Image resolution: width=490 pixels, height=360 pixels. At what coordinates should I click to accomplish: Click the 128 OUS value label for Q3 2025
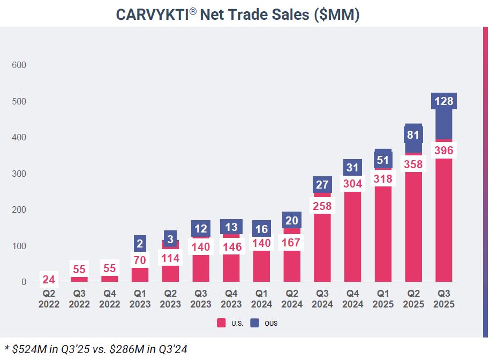[444, 101]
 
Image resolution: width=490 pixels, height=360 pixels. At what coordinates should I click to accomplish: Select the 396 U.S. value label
[444, 151]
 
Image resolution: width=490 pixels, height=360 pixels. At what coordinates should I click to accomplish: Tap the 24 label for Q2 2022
[49, 279]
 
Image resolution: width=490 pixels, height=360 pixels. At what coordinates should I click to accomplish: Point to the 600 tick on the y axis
[19, 65]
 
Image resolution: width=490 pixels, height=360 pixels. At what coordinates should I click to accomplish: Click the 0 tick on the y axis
[24, 282]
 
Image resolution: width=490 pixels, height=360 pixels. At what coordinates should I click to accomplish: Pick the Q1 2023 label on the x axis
[140, 298]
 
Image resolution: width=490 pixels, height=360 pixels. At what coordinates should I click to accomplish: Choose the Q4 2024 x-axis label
[353, 298]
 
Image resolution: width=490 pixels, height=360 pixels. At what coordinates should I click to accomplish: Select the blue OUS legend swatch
[255, 323]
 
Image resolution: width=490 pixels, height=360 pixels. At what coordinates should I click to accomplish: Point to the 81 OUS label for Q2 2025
[413, 134]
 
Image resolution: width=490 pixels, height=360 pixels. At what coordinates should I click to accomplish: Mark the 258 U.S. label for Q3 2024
[322, 206]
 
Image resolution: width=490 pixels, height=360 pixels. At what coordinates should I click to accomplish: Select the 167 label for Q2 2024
[292, 242]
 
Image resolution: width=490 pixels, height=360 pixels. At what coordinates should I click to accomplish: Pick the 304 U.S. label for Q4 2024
[353, 184]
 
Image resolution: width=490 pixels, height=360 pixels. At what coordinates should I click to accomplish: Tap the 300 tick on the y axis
[19, 174]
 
